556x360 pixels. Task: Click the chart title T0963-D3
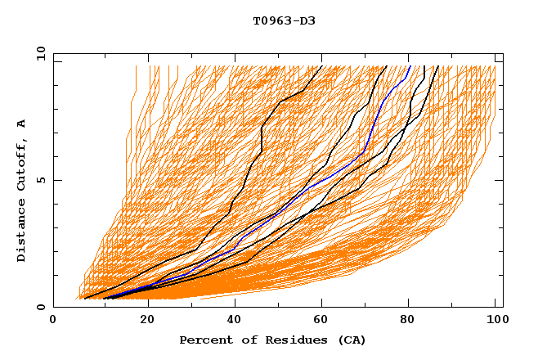pyautogui.click(x=284, y=20)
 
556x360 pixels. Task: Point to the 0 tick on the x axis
pyautogui.click(x=53, y=320)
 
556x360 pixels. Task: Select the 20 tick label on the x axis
pyautogui.click(x=148, y=320)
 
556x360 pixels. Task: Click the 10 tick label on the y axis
pyautogui.click(x=39, y=53)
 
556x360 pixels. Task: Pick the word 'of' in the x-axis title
pyautogui.click(x=246, y=340)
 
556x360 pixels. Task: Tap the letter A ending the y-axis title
pyautogui.click(x=22, y=123)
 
